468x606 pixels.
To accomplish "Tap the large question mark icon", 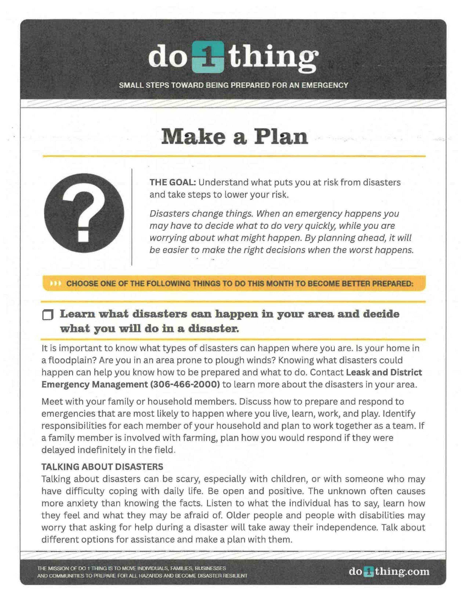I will coord(84,213).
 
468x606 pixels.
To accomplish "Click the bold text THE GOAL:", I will coord(172,182).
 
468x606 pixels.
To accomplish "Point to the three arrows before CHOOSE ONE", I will coord(55,284).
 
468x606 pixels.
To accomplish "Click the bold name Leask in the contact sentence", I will coord(358,372).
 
